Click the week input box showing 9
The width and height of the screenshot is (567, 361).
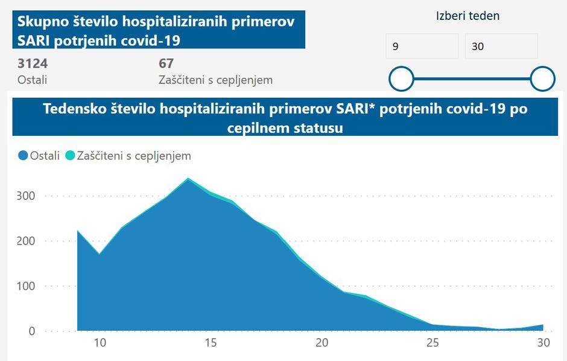[422, 46]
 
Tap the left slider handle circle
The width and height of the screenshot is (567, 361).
[401, 78]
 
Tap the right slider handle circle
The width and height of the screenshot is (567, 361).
[542, 78]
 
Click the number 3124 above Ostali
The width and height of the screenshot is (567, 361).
[33, 63]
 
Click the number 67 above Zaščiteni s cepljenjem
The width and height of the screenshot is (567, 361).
[166, 63]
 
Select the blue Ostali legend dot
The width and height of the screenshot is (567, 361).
[23, 156]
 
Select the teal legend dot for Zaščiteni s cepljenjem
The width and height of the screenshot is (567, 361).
[70, 156]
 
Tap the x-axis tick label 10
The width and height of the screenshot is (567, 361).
[100, 343]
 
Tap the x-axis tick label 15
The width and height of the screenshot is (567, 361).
[211, 343]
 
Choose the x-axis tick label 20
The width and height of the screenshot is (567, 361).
[322, 343]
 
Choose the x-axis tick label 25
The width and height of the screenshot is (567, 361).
[432, 343]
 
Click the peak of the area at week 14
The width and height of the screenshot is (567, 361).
[188, 179]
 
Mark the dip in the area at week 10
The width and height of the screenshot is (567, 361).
[100, 254]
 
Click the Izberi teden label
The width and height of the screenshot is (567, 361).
[467, 16]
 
